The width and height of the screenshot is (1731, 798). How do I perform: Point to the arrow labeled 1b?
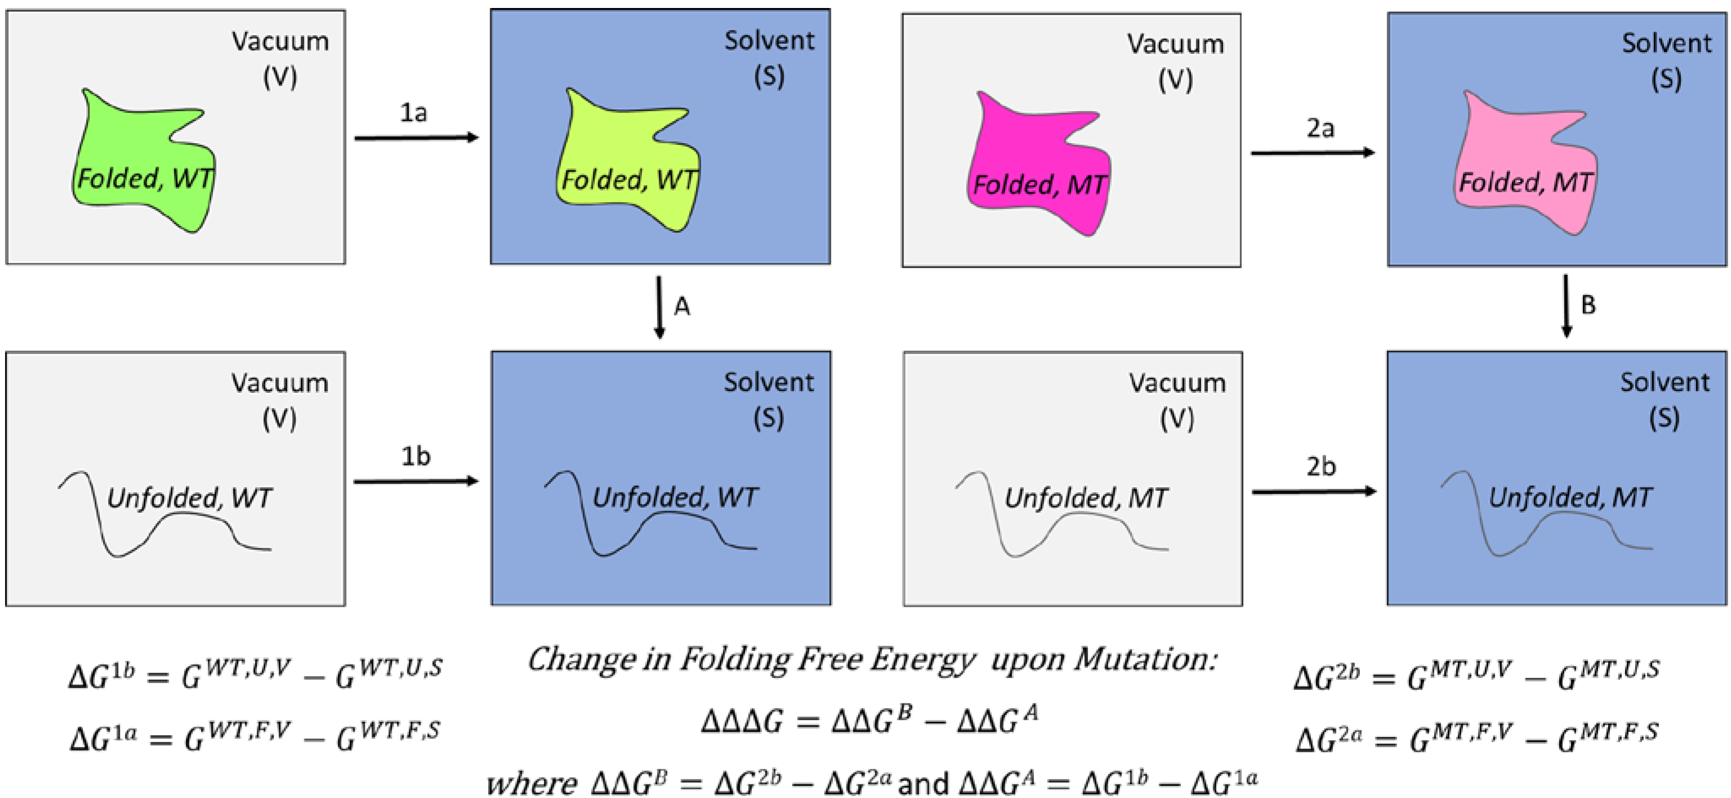click(x=416, y=481)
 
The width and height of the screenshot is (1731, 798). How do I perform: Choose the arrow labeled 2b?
click(x=1314, y=492)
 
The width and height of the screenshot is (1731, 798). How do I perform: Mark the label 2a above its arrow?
click(x=1320, y=127)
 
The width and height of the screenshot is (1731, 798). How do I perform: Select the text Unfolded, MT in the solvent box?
click(x=1570, y=498)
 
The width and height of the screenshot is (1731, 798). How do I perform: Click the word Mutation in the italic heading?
click(x=1145, y=660)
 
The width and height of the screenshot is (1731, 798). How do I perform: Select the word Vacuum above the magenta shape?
click(x=1175, y=44)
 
